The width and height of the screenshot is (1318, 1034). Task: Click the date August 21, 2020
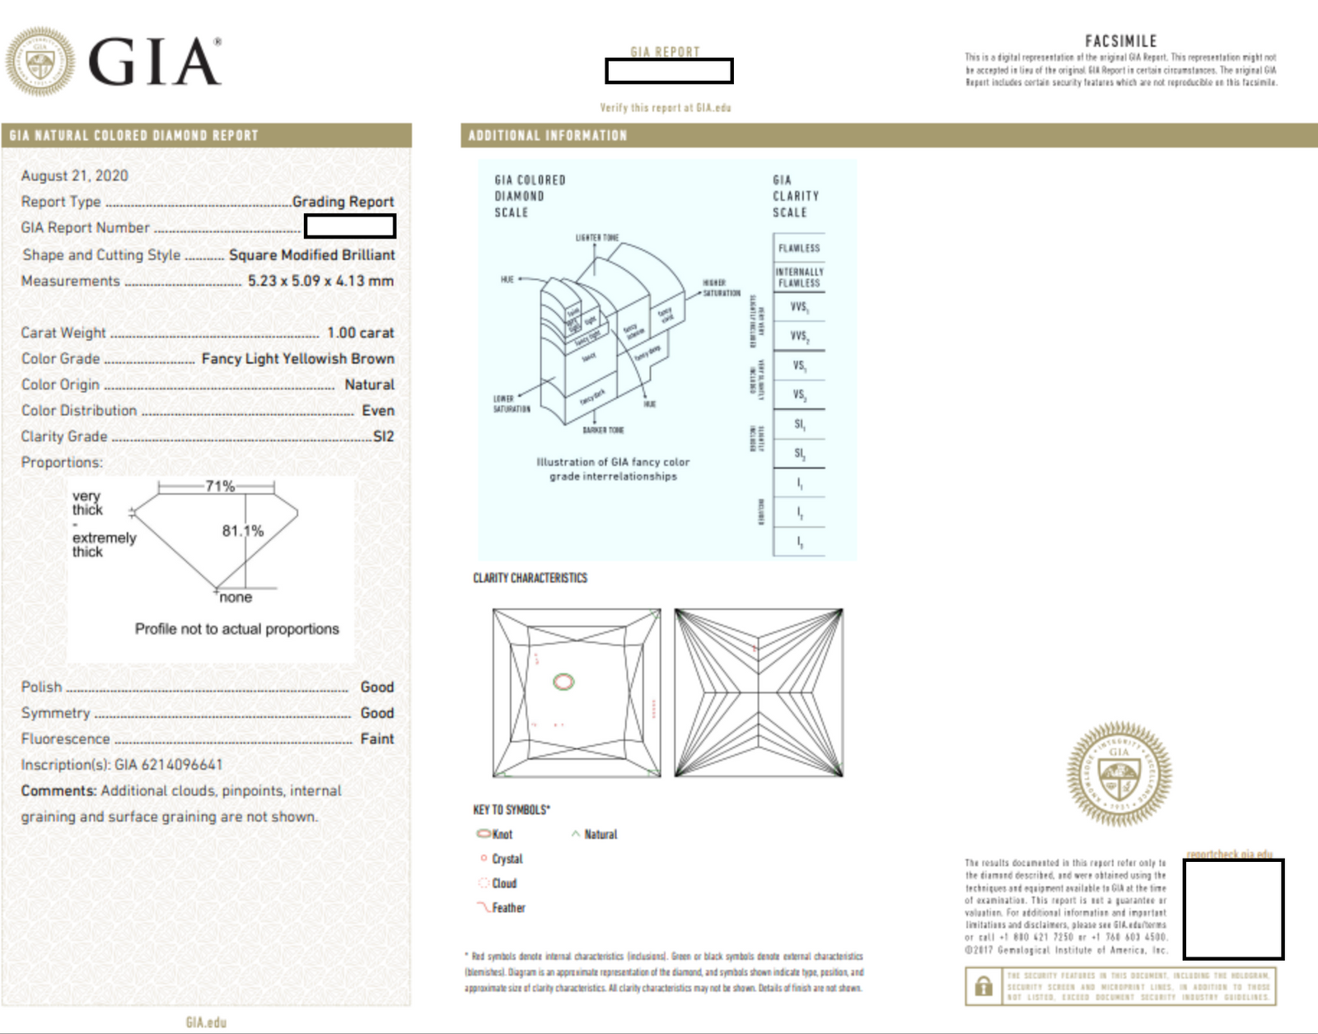tap(74, 175)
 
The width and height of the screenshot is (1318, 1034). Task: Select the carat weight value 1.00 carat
tap(360, 333)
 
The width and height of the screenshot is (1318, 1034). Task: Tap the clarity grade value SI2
tap(383, 436)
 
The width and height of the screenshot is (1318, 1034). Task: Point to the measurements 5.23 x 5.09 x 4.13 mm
tap(320, 281)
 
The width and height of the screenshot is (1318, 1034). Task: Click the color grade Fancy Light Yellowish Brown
tap(297, 359)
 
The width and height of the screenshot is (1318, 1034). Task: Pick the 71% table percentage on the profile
tap(220, 487)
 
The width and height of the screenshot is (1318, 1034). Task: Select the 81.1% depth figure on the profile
tap(242, 531)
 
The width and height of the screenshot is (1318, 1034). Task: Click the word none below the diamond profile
tap(236, 598)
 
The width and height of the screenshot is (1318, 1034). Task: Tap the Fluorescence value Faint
tap(376, 739)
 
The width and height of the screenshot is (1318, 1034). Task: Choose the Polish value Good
tap(376, 687)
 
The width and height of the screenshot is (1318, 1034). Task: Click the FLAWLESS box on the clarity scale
tap(799, 248)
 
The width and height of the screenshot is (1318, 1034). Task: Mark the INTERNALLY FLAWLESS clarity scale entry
tap(799, 277)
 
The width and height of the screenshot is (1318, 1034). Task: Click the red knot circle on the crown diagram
tap(563, 682)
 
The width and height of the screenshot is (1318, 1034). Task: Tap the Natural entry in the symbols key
tap(595, 834)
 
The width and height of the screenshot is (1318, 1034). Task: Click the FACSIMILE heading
tap(1120, 41)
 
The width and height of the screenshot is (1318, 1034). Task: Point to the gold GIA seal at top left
tap(40, 62)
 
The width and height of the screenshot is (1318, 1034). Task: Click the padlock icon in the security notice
tap(984, 986)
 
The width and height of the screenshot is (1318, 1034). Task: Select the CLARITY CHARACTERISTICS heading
tap(530, 578)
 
